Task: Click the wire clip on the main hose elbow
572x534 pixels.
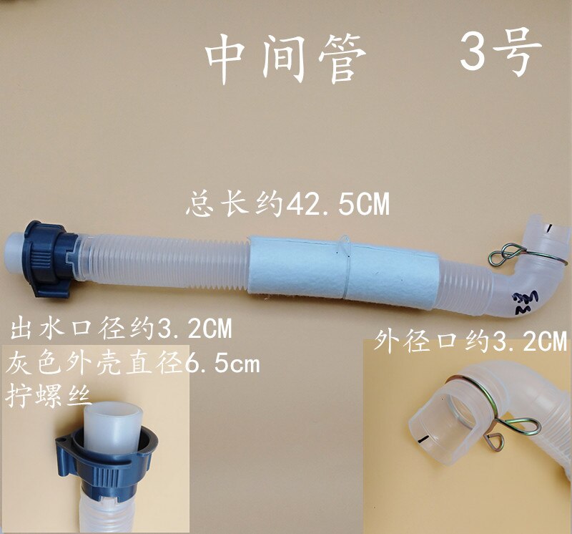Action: click(x=508, y=255)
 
